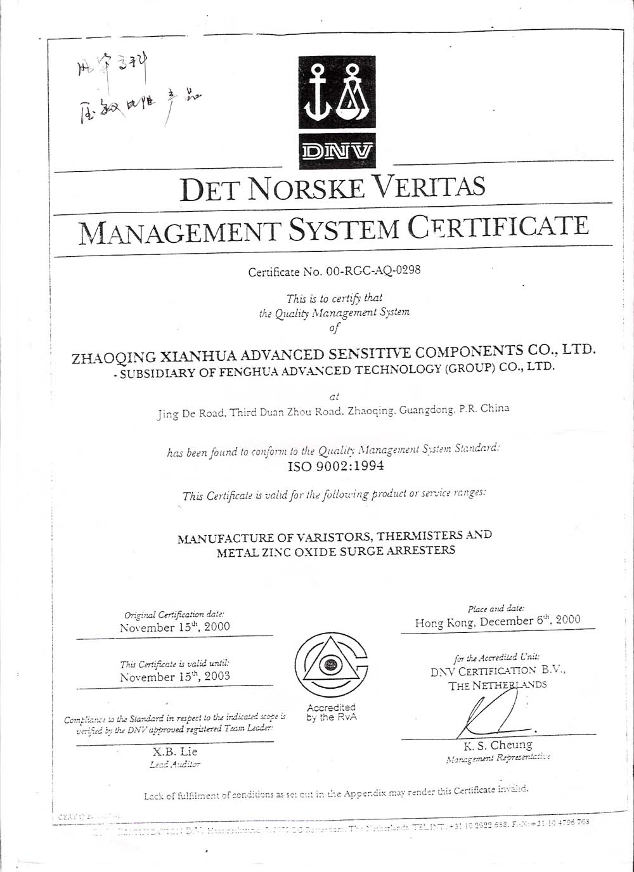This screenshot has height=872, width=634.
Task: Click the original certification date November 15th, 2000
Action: pos(174,627)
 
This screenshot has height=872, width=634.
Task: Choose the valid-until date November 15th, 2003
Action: pos(174,676)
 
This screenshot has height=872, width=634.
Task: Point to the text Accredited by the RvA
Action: pos(331,712)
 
